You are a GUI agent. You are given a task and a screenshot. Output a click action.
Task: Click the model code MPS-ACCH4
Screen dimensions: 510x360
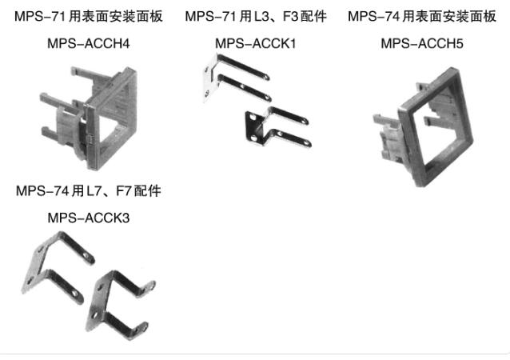point(89,43)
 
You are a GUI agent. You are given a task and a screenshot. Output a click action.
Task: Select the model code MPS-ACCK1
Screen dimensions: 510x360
point(256,43)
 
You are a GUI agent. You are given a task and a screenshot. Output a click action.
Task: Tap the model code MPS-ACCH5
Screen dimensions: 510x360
point(422,43)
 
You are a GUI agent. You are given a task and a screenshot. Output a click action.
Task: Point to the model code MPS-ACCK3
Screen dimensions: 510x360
point(89,218)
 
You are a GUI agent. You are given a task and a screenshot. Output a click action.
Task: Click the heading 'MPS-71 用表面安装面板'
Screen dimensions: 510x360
point(89,16)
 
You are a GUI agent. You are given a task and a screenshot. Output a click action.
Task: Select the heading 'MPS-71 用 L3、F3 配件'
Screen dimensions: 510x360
point(256,16)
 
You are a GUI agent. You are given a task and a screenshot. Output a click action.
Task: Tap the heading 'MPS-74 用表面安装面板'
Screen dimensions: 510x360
point(422,16)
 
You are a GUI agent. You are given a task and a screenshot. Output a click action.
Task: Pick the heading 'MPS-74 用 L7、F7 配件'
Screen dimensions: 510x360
point(89,190)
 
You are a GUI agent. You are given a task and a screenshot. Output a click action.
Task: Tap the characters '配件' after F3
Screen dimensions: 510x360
point(313,16)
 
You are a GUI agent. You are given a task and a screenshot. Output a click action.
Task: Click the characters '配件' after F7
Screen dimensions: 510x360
point(148,190)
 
